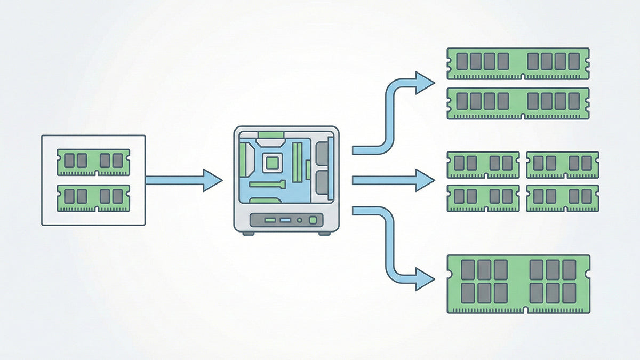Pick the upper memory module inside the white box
93,162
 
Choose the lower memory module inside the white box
93,198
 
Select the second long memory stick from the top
518,103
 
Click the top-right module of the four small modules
562,164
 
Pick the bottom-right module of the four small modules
562,198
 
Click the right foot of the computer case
325,233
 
